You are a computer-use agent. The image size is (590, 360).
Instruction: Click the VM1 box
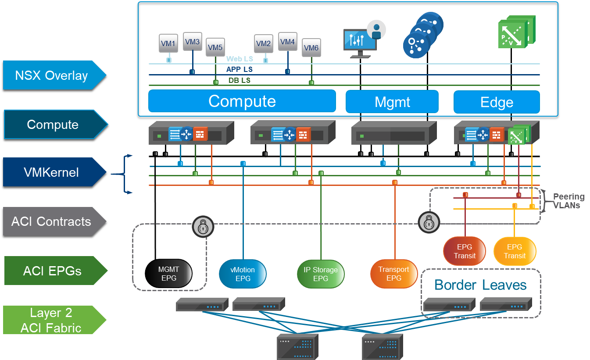(x=168, y=44)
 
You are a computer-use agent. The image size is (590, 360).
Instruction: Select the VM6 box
(x=311, y=48)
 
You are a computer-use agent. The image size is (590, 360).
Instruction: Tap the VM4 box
(x=287, y=42)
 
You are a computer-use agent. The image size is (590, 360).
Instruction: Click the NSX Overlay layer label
(x=52, y=75)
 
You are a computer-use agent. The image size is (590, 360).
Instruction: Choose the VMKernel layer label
(x=52, y=172)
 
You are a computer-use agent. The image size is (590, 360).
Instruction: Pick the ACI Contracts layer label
(x=52, y=221)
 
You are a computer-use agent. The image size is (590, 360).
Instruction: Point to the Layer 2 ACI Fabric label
(x=52, y=320)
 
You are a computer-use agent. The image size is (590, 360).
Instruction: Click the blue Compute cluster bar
(x=242, y=101)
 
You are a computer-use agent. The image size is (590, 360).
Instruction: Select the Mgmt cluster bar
(x=392, y=102)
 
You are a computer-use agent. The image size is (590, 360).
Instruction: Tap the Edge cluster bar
(x=496, y=103)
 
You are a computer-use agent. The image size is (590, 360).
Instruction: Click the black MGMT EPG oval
(x=169, y=274)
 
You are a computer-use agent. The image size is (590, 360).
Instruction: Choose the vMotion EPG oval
(x=243, y=274)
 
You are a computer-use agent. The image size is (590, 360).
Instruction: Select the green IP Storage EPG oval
(x=321, y=274)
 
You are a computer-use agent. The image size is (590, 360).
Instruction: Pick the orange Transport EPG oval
(x=393, y=274)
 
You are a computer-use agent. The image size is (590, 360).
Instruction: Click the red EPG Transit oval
(x=465, y=251)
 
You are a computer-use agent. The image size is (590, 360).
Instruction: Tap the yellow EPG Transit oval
(x=515, y=251)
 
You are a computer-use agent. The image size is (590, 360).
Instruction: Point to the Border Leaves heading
(x=480, y=285)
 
